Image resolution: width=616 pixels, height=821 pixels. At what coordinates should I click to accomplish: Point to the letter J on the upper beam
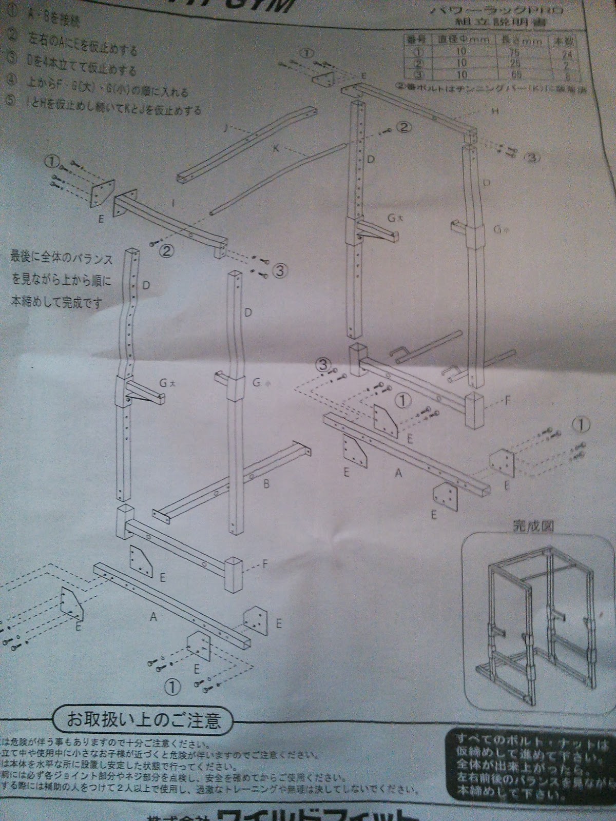click(225, 128)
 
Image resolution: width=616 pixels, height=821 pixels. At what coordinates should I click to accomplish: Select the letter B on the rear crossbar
click(266, 482)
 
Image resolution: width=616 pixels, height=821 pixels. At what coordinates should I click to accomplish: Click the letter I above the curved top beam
click(174, 203)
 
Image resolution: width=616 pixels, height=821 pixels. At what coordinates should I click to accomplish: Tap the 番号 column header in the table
click(413, 38)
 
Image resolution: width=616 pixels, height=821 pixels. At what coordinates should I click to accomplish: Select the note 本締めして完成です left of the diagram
click(56, 302)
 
